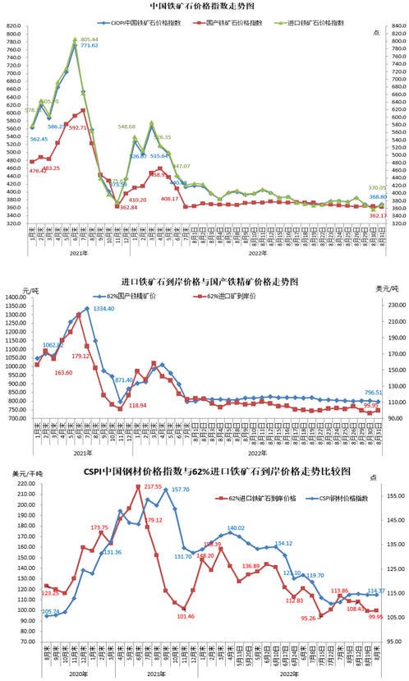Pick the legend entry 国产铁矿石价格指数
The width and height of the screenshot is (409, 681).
point(237,22)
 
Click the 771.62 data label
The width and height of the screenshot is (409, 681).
point(87,46)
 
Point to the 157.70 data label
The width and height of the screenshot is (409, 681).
point(180,490)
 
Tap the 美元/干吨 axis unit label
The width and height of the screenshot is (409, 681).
point(23,473)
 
